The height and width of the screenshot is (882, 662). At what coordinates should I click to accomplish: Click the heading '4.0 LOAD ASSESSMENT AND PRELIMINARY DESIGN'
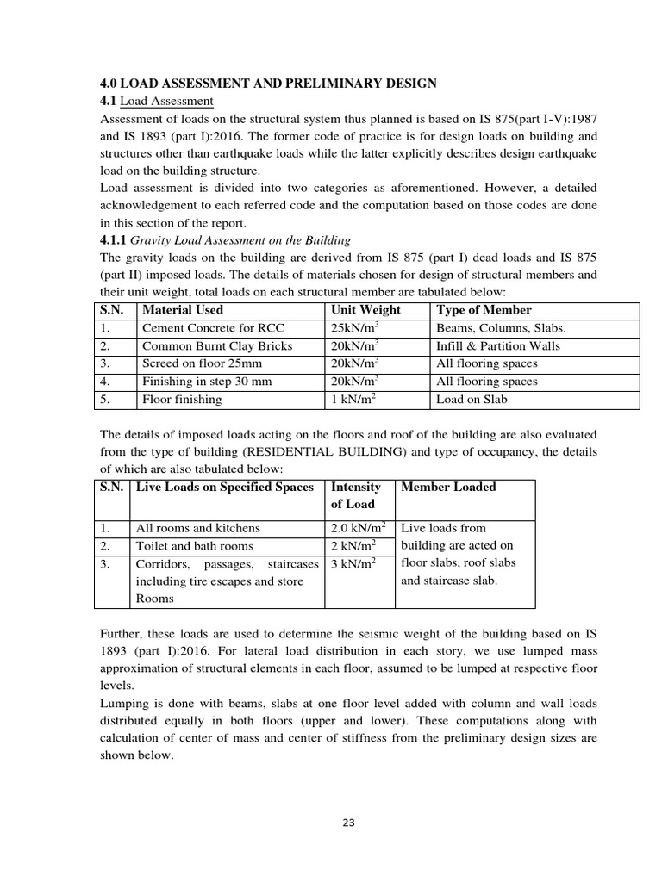(269, 83)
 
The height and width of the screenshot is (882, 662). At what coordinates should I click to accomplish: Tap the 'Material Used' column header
(182, 310)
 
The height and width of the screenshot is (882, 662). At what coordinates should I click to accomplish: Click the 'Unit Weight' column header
(365, 310)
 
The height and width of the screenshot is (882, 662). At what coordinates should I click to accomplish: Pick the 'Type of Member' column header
(484, 310)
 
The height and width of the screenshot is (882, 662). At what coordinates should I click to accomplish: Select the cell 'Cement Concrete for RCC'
(212, 328)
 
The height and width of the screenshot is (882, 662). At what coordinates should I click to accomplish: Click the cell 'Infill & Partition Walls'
(498, 346)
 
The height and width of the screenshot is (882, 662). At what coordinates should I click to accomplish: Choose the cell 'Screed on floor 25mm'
(202, 363)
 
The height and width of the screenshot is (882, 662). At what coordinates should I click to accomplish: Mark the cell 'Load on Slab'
(472, 400)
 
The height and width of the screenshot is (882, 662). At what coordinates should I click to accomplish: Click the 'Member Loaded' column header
(448, 488)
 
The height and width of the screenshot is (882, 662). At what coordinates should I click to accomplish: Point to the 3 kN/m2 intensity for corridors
(355, 564)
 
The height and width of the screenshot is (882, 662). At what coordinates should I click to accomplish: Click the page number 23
(348, 822)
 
